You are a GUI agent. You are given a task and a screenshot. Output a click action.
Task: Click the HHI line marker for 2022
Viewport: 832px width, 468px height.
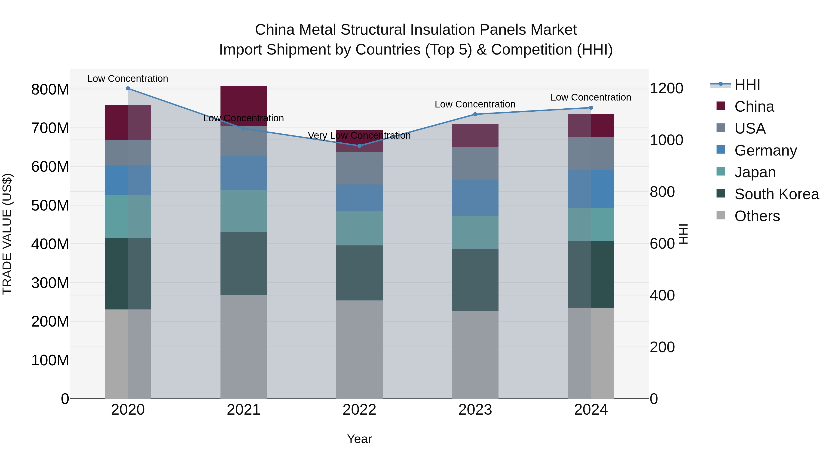(359, 146)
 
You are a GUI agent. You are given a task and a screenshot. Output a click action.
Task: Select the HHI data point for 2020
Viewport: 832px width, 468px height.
(128, 88)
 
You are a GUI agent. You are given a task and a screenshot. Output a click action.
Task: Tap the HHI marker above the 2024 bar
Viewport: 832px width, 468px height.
(591, 107)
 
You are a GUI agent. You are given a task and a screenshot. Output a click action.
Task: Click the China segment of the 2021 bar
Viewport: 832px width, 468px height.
(244, 106)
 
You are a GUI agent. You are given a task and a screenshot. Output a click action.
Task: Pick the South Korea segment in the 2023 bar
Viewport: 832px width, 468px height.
(475, 279)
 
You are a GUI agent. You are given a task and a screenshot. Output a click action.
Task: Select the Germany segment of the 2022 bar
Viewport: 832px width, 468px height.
(359, 198)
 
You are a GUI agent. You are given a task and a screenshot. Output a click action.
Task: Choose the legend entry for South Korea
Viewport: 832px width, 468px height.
(777, 194)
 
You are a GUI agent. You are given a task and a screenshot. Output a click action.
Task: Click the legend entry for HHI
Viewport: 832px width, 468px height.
(747, 85)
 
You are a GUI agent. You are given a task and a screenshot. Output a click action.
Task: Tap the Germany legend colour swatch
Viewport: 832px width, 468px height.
(721, 150)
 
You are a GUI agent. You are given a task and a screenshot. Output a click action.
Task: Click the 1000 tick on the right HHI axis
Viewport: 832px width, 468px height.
(666, 140)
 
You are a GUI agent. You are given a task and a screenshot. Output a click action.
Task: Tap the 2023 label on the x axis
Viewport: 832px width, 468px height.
(475, 410)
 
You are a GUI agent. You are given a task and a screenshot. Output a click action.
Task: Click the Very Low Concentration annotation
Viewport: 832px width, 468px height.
(359, 136)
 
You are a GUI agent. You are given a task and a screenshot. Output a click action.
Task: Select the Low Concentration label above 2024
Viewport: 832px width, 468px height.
(591, 97)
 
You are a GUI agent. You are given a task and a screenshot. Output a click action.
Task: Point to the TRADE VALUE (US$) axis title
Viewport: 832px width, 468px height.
(7, 234)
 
